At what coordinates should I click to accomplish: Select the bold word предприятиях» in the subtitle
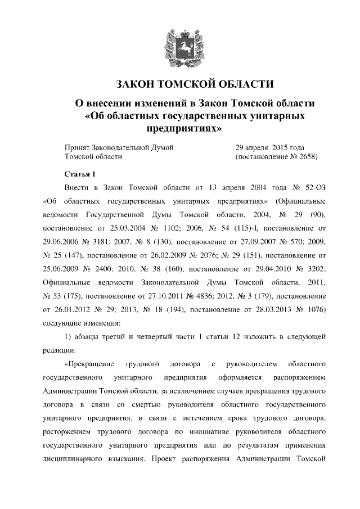point(181,129)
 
